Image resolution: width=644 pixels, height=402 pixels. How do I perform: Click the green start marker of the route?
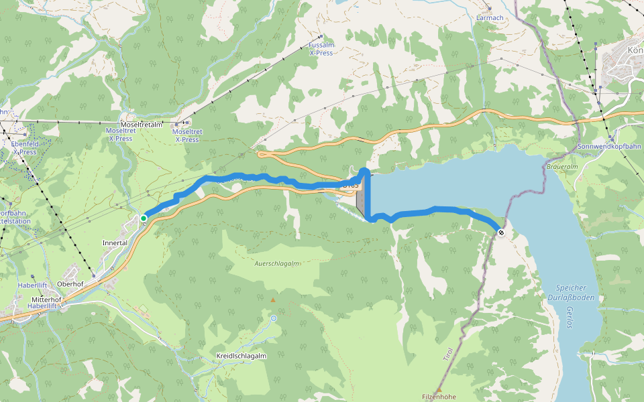144,218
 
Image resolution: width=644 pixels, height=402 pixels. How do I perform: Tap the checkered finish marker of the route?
500,232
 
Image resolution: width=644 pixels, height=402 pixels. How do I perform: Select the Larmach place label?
489,17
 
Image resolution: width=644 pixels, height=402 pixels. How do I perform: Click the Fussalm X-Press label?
321,48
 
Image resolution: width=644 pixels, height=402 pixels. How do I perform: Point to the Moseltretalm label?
142,125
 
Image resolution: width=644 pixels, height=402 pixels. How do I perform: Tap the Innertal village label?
114,243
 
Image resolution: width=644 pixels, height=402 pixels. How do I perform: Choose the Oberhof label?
70,283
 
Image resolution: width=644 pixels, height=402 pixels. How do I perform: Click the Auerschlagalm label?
276,263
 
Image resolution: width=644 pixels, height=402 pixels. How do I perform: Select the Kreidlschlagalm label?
241,356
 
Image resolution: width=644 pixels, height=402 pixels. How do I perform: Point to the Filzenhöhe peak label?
439,397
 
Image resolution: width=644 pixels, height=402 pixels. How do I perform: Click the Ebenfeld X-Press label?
23,147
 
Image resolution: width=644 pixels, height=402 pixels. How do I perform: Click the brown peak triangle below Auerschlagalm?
272,300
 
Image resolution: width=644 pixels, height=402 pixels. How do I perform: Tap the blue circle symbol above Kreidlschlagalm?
274,318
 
